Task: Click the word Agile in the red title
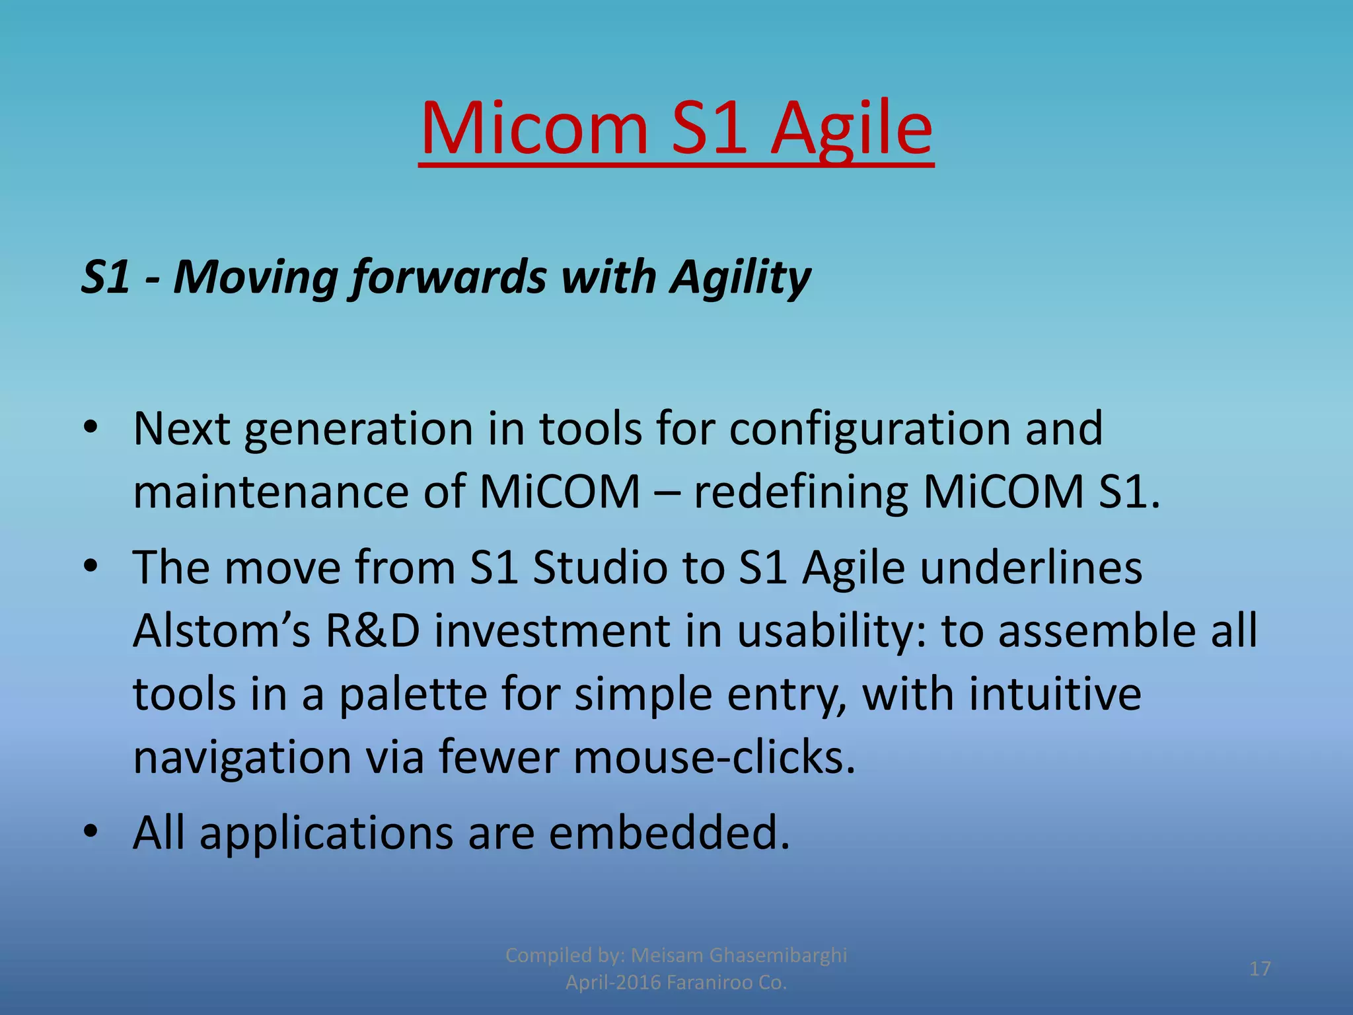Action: pyautogui.click(x=852, y=129)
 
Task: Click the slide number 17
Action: pyautogui.click(x=1260, y=969)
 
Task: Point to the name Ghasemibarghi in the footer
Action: pyautogui.click(x=778, y=955)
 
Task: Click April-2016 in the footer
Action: pyautogui.click(x=612, y=983)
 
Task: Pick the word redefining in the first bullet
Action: pyautogui.click(x=800, y=493)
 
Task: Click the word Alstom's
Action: pyautogui.click(x=221, y=631)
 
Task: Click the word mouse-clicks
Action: pyautogui.click(x=714, y=757)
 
